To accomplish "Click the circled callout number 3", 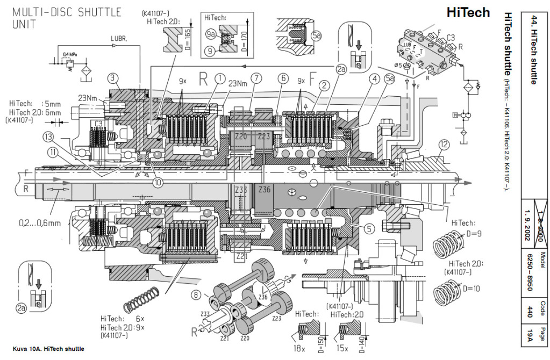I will pos(112,78).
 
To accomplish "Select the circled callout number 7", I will pos(257,78).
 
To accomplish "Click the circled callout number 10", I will pos(157,182).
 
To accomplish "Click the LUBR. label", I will pos(119,39).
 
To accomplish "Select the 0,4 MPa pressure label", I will pos(69,54).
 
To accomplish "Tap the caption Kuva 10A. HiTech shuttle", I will pos(46,349).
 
